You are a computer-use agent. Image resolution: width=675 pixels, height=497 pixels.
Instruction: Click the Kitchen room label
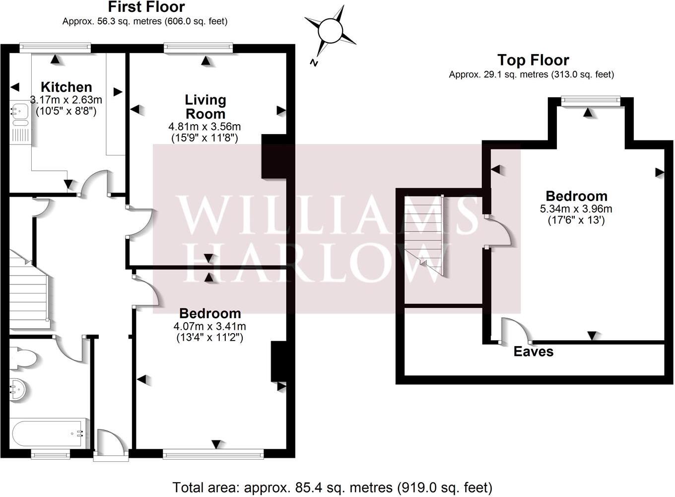tap(66, 87)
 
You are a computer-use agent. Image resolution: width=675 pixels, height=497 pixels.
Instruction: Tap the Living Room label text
tap(205, 107)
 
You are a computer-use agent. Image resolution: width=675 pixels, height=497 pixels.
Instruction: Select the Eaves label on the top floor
tap(533, 352)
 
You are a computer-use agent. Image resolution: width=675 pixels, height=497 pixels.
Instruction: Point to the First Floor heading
tap(146, 7)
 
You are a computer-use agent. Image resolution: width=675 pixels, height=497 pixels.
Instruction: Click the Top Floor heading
tap(533, 60)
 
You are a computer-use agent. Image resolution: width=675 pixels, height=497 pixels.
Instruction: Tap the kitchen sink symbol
tap(20, 115)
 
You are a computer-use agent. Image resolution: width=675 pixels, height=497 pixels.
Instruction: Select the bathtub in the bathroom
tap(49, 434)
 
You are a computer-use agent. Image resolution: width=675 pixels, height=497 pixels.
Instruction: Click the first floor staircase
tap(29, 298)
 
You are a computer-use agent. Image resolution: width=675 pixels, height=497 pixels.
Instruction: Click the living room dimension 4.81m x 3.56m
tap(204, 127)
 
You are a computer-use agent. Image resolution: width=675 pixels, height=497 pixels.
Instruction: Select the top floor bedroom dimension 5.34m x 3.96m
tap(576, 209)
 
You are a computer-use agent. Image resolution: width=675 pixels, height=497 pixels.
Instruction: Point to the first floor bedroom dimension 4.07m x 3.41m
tap(209, 326)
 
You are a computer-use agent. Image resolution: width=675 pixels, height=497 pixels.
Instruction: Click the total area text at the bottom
tap(332, 487)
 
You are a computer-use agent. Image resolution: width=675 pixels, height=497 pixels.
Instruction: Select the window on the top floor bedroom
tap(590, 101)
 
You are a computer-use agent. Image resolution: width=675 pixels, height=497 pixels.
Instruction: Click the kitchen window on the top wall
tap(55, 48)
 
